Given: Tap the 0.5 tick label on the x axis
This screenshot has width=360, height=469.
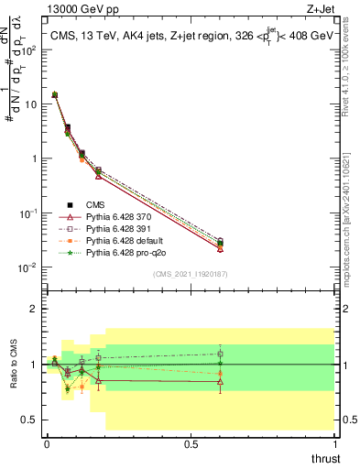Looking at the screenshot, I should coord(191,444).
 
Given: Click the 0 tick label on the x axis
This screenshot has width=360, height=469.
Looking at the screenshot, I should coord(47,444).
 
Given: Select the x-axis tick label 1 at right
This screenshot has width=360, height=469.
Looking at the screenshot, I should coord(334,444).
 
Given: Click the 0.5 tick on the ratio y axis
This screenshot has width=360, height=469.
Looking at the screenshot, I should coord(27,420).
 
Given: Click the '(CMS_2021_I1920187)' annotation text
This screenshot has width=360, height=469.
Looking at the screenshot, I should coord(190,274).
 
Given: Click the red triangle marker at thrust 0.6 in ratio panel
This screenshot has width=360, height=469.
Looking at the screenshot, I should coord(220,381).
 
